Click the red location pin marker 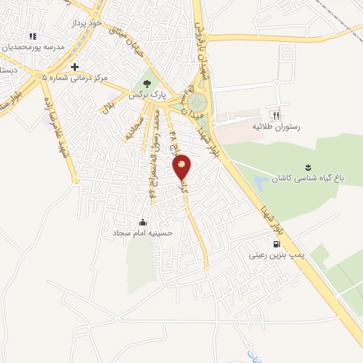(182, 167)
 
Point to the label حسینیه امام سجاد (139, 232)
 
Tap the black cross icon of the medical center (74, 67)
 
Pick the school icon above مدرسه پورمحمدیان (32, 36)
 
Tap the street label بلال (108, 106)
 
